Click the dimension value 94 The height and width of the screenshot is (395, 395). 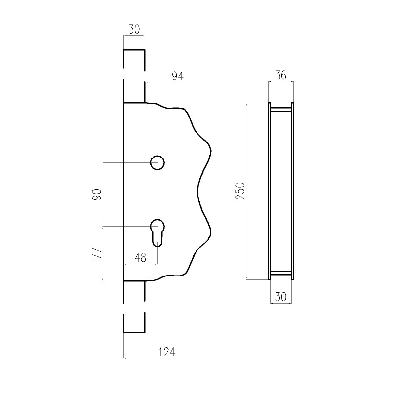pyautogui.click(x=178, y=76)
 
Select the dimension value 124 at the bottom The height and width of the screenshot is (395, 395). pyautogui.click(x=167, y=352)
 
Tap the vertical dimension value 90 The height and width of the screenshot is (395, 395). pyautogui.click(x=97, y=194)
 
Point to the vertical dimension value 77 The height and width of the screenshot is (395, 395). pyautogui.click(x=97, y=253)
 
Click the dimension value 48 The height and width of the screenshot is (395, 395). pyautogui.click(x=140, y=257)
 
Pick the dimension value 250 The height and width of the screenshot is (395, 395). pyautogui.click(x=240, y=191)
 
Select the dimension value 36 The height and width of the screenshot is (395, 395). pyautogui.click(x=280, y=75)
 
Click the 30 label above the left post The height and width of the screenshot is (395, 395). pyautogui.click(x=134, y=29)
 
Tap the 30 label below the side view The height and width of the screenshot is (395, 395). pyautogui.click(x=280, y=297)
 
